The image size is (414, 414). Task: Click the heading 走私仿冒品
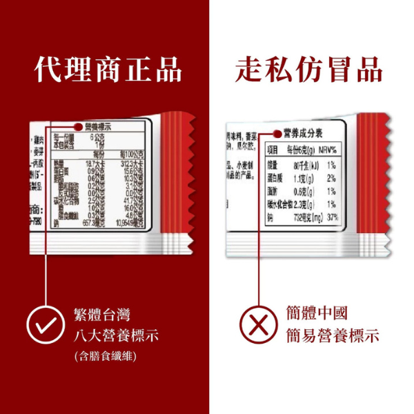(x=308, y=70)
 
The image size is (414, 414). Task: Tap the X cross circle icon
(x=257, y=324)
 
